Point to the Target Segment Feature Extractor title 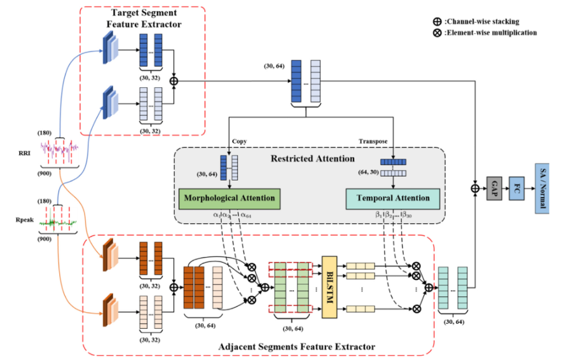tap(143, 19)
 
